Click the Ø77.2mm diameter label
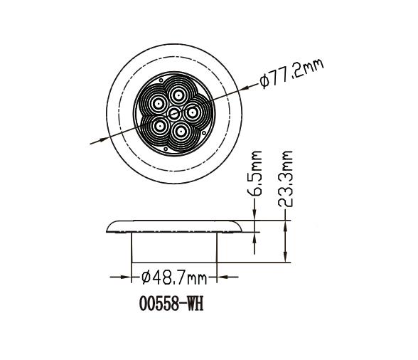click(291, 73)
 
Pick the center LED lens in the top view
click(174, 112)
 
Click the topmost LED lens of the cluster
click(178, 93)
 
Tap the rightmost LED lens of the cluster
click(193, 111)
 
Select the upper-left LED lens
click(156, 103)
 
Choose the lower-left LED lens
click(159, 126)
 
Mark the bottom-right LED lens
click(182, 130)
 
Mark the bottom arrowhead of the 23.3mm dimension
click(286, 259)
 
